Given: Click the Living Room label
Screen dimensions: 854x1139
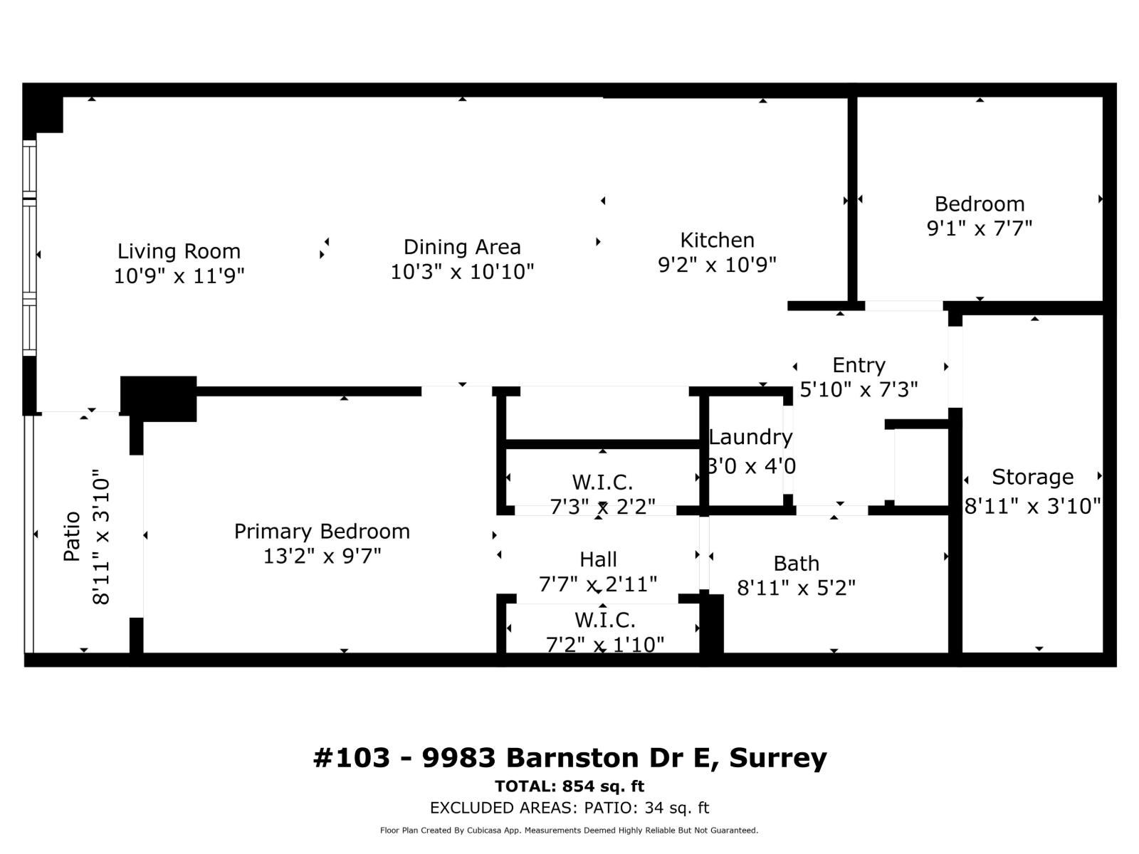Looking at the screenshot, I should pos(179,251).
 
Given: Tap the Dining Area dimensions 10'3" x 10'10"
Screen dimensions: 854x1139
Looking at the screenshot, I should pos(462,272).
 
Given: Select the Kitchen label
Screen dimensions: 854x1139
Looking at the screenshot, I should pos(717,240).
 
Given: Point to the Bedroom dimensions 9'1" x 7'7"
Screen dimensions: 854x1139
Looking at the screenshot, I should pos(980,229).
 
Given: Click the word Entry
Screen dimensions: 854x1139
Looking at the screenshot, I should pos(859,365).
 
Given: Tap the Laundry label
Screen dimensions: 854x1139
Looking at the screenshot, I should pos(750,437).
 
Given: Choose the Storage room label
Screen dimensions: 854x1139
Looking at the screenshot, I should pos(1032,477).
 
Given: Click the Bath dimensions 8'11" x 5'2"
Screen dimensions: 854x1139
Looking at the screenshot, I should pos(796,589).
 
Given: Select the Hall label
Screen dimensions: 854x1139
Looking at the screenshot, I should pos(598,559).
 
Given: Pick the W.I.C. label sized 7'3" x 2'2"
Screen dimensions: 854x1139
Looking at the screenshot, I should pos(602,483).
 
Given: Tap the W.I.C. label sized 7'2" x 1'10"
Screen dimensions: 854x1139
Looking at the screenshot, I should pos(604,619).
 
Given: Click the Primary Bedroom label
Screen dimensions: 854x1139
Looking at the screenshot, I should pos(322,532).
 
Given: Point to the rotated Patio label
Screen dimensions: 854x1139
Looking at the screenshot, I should pos(72,537).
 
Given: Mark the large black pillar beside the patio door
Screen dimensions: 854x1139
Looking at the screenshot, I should pos(158,399).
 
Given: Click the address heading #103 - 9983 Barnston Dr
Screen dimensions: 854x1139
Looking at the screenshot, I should pos(569,758).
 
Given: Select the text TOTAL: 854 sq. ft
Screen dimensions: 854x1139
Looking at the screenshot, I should pos(569,786).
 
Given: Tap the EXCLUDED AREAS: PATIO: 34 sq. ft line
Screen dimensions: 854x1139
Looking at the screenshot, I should pos(569,808).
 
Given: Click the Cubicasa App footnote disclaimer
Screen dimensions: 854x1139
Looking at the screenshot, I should pos(569,831).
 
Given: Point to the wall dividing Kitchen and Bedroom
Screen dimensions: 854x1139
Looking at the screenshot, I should pos(852,199).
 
